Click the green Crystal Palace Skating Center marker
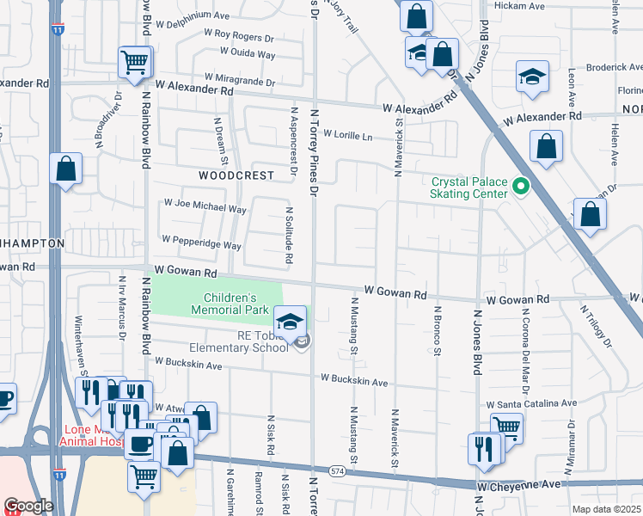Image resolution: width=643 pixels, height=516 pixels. click(x=520, y=186)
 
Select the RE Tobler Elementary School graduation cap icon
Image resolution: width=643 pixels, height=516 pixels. click(x=291, y=322)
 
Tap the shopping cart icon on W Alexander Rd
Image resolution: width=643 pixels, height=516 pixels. click(x=135, y=63)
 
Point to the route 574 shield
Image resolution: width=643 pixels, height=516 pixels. click(x=338, y=471)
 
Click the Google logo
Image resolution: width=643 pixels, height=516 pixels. click(x=28, y=506)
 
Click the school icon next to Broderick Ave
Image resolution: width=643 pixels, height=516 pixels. click(x=532, y=77)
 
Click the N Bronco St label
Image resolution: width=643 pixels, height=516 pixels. click(x=437, y=331)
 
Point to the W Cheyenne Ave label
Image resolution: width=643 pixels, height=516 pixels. click(x=518, y=486)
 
